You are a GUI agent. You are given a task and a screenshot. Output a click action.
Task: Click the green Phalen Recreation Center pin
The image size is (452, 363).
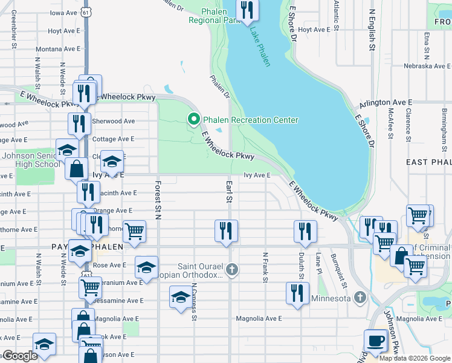click(x=194, y=119)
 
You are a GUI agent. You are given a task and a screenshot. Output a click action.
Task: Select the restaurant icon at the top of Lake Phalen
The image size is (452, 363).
click(x=246, y=10)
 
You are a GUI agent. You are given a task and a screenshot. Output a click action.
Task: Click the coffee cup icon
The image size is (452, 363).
click(x=376, y=341)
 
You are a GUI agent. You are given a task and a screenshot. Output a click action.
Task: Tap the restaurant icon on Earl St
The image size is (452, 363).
click(x=226, y=231)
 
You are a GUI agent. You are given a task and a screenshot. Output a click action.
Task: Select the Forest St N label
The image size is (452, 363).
click(x=158, y=200)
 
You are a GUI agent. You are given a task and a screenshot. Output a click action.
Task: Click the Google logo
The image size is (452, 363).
click(x=20, y=356)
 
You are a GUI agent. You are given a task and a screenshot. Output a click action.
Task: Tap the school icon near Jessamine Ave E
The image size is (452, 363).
click(x=180, y=298)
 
